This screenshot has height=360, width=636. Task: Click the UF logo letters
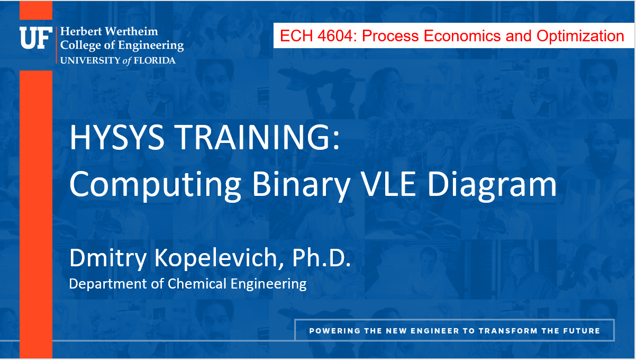pos(35,38)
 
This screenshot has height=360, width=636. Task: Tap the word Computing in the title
pos(156,185)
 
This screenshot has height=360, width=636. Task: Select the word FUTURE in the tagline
pos(582,331)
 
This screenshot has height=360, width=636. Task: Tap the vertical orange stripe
pos(36,212)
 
